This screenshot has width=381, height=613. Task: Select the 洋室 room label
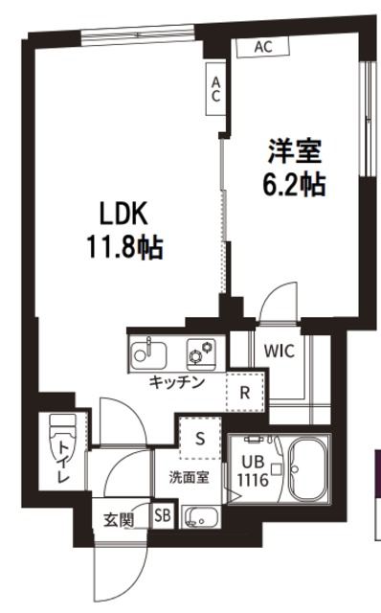tap(295, 150)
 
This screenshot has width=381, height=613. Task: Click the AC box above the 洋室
tap(266, 46)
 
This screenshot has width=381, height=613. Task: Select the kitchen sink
tap(146, 352)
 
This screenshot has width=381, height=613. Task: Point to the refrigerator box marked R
tap(245, 391)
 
